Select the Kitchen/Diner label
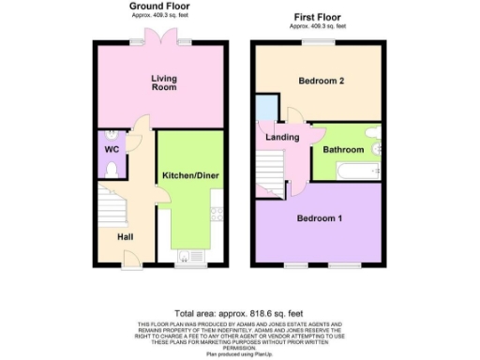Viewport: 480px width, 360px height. pyautogui.click(x=190, y=175)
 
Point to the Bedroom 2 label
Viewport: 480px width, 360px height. pyautogui.click(x=321, y=82)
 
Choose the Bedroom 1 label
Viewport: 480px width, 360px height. pyautogui.click(x=320, y=218)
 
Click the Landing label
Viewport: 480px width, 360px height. pyautogui.click(x=282, y=138)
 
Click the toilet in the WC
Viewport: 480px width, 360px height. pyautogui.click(x=110, y=169)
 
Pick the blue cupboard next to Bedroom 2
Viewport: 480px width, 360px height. pyautogui.click(x=267, y=108)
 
